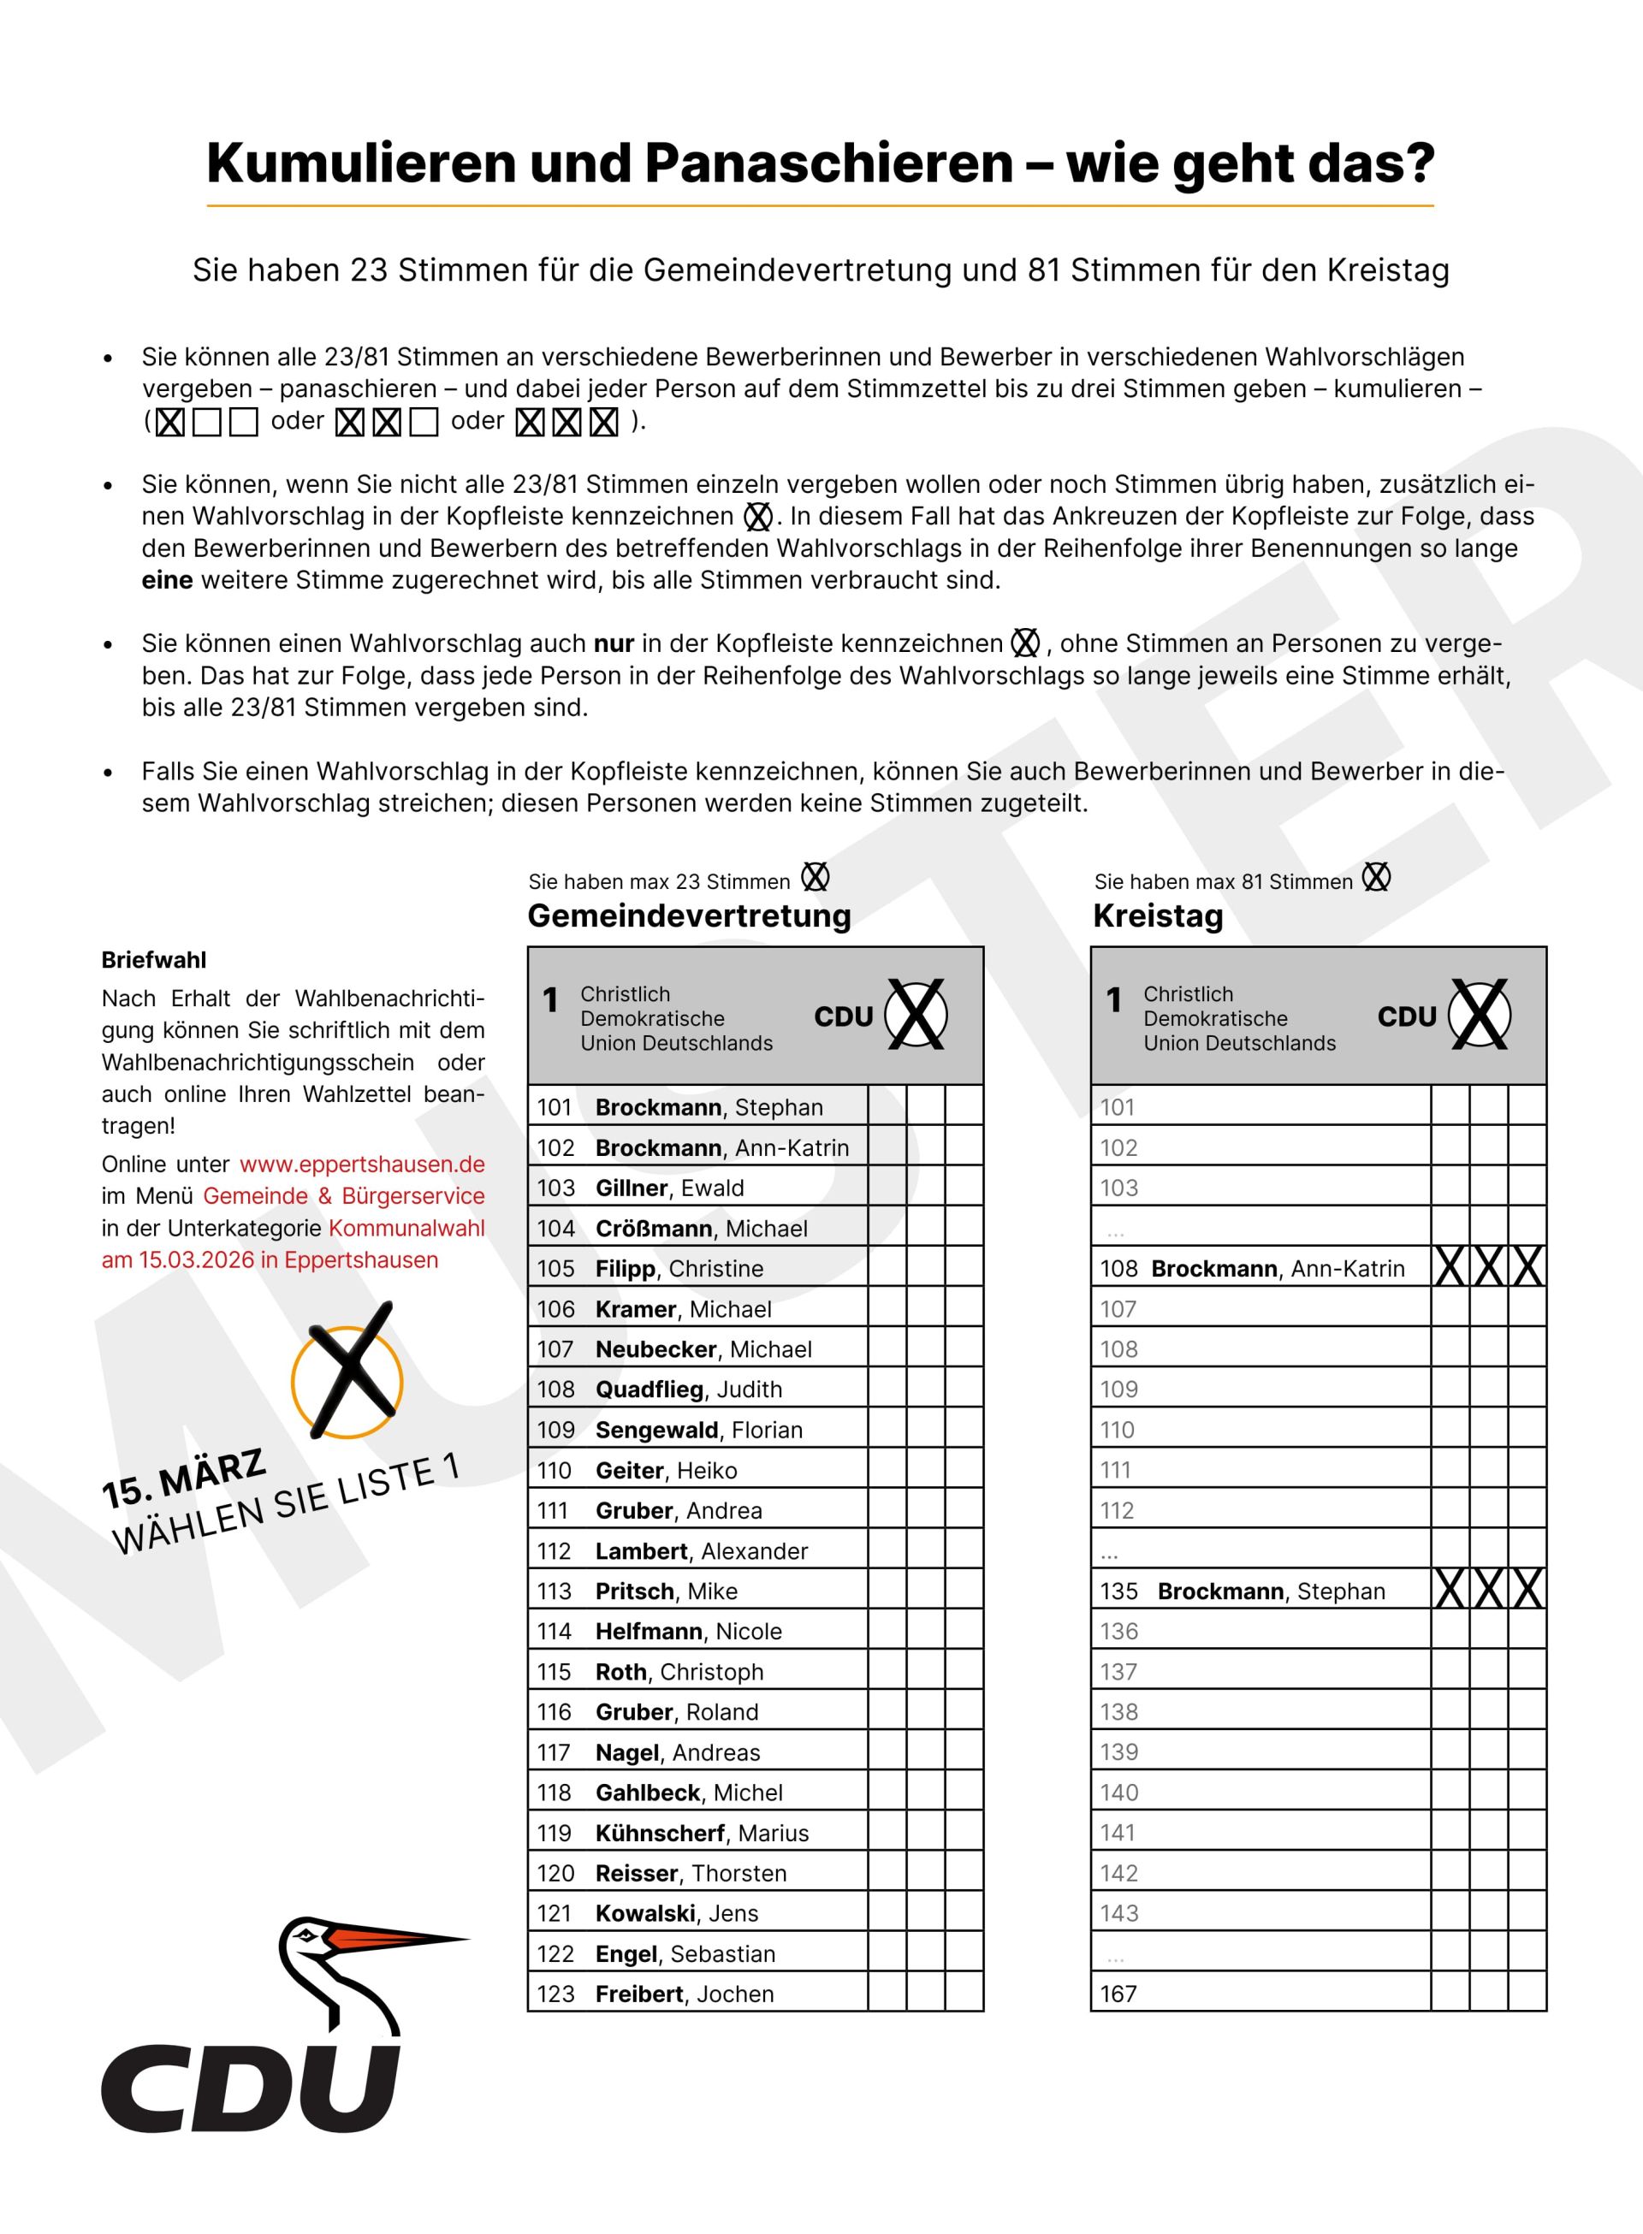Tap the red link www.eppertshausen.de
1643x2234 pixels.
362,1164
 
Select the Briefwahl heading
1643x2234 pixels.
154,960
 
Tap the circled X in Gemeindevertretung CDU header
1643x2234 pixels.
915,1015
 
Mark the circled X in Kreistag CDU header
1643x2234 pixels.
1479,1015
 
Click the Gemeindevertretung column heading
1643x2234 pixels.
689,916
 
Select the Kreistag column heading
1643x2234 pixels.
1158,916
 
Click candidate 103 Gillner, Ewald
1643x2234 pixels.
669,1188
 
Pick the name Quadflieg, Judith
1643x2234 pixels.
688,1390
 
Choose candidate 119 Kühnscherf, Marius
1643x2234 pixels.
701,1834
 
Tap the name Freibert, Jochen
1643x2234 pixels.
685,1994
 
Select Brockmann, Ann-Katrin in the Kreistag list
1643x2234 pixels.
1278,1270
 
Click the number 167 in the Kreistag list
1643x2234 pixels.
1118,1994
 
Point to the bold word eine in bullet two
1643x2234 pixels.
167,581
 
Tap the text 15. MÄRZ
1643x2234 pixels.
184,1478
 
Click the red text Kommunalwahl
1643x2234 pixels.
406,1228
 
